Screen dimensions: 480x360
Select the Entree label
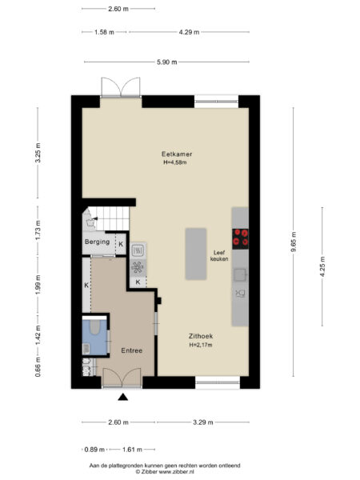[x=132, y=351]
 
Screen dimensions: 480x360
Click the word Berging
[x=98, y=241]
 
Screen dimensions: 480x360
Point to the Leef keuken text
[x=219, y=255]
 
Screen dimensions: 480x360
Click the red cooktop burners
[x=240, y=238]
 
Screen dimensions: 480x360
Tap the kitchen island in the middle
[x=196, y=254]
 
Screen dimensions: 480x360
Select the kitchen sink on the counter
[x=239, y=274]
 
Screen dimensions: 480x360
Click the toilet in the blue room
[x=92, y=329]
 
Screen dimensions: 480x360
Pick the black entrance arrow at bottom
[x=123, y=397]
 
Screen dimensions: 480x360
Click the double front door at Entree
[x=122, y=378]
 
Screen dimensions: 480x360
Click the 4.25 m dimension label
[x=322, y=266]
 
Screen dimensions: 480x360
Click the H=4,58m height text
[x=175, y=163]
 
